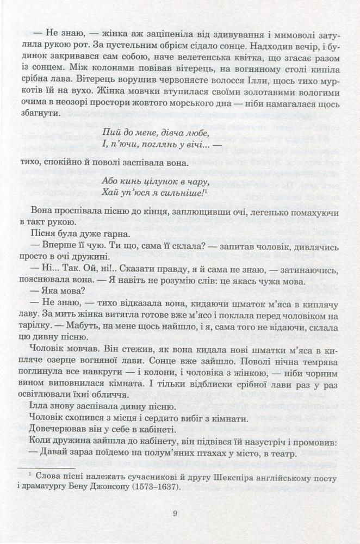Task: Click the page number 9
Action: pyautogui.click(x=175, y=512)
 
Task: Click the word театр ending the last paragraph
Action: pyautogui.click(x=315, y=454)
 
